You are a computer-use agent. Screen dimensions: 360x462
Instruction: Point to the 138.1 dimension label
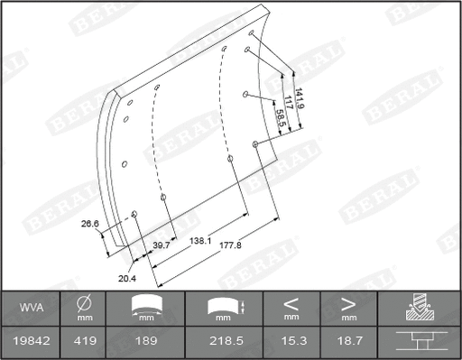(x=200, y=242)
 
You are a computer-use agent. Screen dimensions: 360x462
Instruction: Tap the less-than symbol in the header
(x=291, y=303)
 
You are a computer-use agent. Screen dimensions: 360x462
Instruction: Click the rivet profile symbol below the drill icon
(x=418, y=343)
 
